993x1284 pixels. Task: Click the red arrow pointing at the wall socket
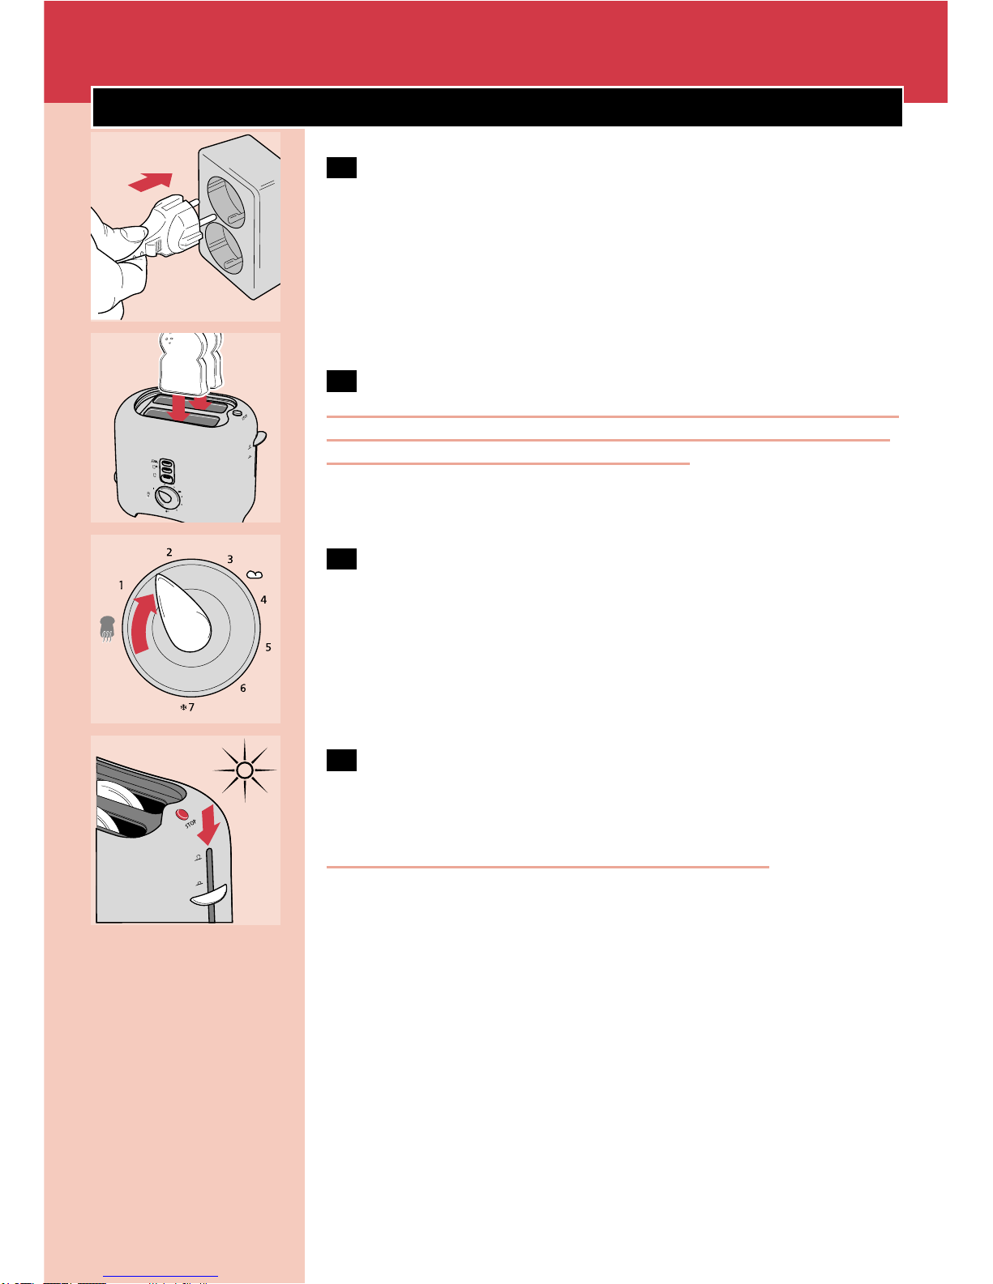(x=152, y=182)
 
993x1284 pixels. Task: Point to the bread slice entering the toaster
(x=188, y=365)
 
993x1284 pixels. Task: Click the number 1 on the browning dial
(x=122, y=585)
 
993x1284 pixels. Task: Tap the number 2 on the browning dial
(x=169, y=552)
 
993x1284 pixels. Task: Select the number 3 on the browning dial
(x=229, y=560)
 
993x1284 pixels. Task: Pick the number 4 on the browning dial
(x=263, y=600)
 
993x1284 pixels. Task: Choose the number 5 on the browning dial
(x=268, y=647)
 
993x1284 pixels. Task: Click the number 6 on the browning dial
(x=242, y=689)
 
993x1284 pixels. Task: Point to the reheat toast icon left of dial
(x=106, y=629)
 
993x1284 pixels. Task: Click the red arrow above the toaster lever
(x=210, y=823)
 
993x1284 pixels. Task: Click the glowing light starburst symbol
(x=246, y=770)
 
